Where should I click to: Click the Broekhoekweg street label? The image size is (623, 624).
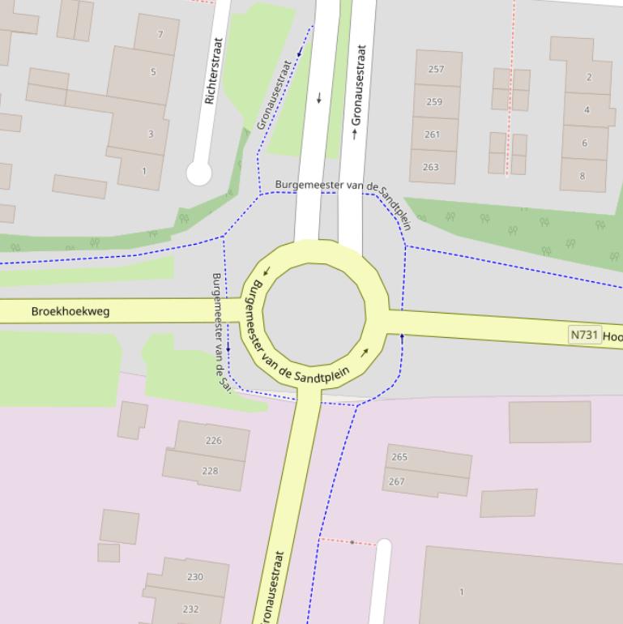point(70,311)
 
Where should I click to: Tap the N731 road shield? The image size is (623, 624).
point(585,335)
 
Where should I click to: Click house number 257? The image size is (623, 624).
point(436,69)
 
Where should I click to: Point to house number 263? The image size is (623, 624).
point(430,167)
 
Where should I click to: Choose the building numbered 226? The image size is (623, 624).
point(213,441)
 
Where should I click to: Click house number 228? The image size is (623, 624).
point(210,471)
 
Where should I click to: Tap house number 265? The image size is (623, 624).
point(399,457)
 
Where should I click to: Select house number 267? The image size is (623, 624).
point(397,481)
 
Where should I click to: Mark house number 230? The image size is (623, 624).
point(194,577)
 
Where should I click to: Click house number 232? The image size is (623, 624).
point(191,609)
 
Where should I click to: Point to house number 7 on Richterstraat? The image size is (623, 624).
point(160,34)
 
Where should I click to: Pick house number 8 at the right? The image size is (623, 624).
point(582,176)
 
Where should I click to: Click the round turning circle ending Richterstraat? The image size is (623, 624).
point(198,173)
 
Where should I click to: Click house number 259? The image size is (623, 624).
point(434,102)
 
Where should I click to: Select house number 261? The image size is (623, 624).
point(433,135)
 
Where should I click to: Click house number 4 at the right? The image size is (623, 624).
point(587,109)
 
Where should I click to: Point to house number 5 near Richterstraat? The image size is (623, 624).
point(153,71)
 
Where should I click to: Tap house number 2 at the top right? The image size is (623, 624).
point(589,77)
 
